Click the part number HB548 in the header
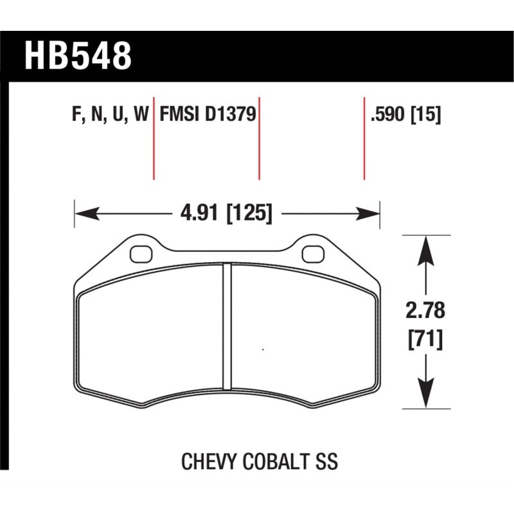click(78, 56)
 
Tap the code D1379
click(231, 116)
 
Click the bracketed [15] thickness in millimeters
click(427, 116)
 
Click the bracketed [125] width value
click(249, 213)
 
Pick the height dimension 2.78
click(425, 313)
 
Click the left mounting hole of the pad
click(139, 254)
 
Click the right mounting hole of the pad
click(312, 254)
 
